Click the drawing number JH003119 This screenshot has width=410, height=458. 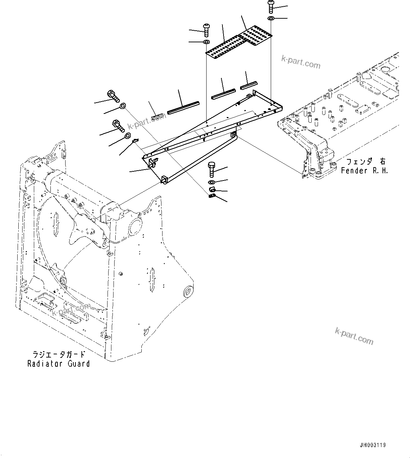click(373, 445)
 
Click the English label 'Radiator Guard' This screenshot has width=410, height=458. click(59, 364)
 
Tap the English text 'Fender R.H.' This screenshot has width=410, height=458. click(364, 171)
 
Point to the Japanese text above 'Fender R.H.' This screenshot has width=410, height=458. click(366, 161)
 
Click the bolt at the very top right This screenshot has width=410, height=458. click(271, 6)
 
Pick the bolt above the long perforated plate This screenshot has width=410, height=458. click(206, 30)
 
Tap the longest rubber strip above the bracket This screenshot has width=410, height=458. click(183, 108)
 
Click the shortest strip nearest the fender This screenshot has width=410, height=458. click(249, 85)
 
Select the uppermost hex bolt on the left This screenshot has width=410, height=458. click(112, 95)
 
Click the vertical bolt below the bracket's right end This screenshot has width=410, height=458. click(212, 169)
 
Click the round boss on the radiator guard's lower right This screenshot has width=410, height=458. click(188, 292)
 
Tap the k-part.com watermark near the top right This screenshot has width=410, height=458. click(306, 62)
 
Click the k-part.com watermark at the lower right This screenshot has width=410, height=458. click(354, 336)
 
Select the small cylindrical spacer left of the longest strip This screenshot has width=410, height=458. click(157, 116)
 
